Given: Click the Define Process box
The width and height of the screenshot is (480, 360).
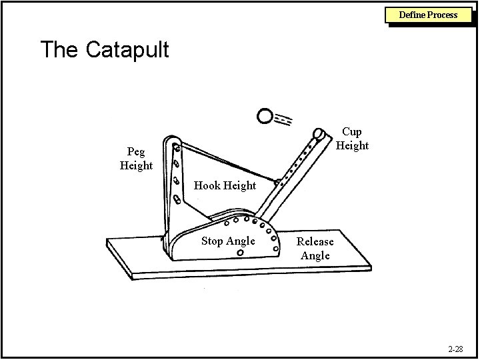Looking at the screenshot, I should point(428,14).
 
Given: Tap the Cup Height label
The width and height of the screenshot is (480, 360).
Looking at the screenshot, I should point(352,139).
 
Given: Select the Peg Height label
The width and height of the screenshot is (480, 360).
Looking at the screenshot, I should point(136,159).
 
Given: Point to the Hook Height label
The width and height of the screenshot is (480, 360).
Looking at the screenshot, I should point(225,185).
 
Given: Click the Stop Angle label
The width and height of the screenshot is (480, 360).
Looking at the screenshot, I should point(228,241).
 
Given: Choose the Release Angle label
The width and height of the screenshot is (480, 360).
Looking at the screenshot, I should point(315,249).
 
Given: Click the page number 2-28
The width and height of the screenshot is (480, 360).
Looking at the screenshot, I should point(456,349).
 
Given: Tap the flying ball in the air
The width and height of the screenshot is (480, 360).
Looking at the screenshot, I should point(265,117).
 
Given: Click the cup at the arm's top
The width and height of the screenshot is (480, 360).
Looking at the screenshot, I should point(319,134).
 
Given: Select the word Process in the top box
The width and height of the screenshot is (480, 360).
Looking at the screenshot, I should point(443,14).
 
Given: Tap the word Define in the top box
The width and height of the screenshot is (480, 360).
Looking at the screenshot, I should point(413,14).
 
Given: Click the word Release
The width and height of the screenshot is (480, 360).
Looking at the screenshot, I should point(315,242).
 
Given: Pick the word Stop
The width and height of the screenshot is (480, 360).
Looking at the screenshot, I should point(213,241).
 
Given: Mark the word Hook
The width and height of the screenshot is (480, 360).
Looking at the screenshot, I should point(207,185).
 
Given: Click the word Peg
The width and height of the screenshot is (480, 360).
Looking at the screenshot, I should point(136,152).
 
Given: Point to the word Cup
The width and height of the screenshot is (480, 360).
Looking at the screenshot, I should point(352,132).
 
